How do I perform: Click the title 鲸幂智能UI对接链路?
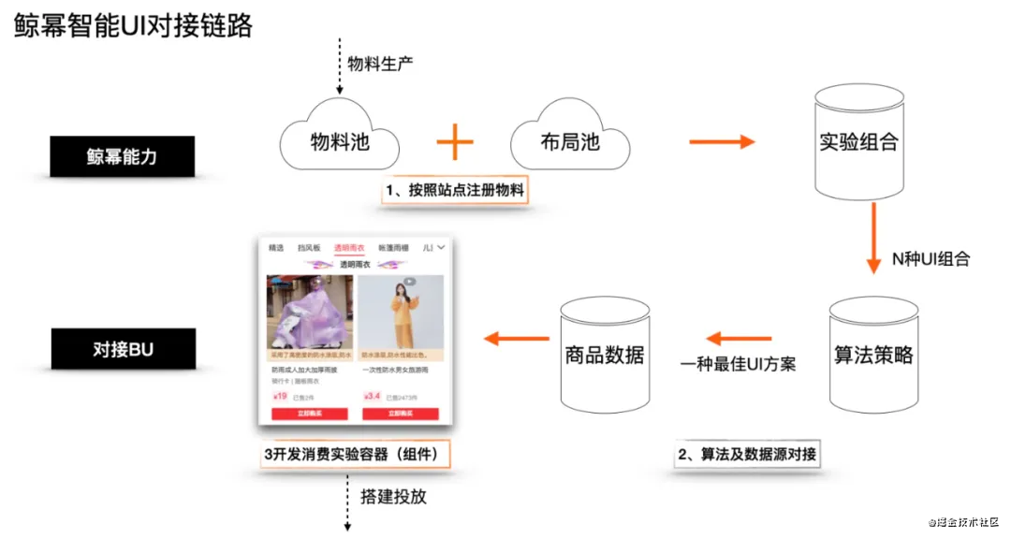coord(133,25)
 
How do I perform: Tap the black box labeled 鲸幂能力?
coord(122,156)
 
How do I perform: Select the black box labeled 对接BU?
coord(122,350)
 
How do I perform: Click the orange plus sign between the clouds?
coord(455,142)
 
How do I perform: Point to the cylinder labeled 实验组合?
coord(858,141)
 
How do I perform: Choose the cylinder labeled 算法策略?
coord(872,356)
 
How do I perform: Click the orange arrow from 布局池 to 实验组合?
coord(721,142)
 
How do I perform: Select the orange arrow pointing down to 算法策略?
coord(873,239)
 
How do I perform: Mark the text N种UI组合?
coord(930,259)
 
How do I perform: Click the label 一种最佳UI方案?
coord(738,363)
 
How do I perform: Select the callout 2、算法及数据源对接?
coord(746,455)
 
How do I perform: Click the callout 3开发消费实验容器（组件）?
coord(355,455)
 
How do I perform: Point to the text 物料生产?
coord(380,64)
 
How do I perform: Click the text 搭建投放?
coord(393,496)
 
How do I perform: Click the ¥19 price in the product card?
coord(280,396)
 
